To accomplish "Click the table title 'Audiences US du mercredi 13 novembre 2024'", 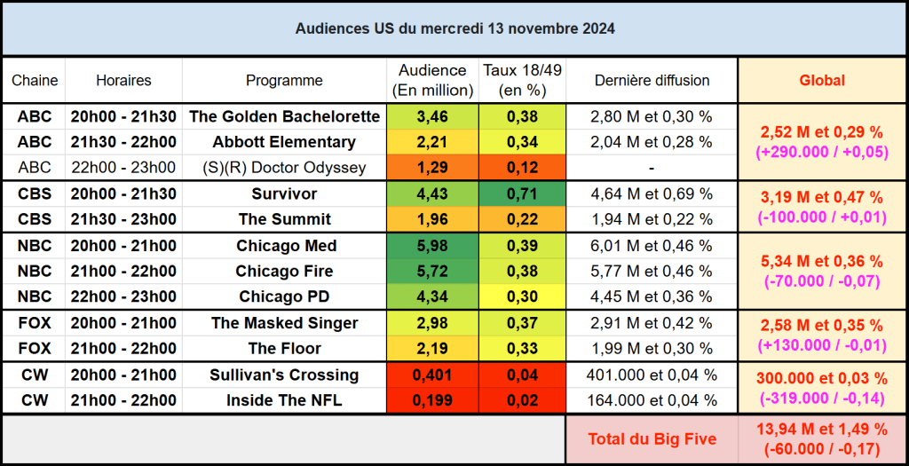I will coord(454,28).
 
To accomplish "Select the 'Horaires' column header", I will coord(123,81).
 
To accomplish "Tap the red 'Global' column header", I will coord(822,81).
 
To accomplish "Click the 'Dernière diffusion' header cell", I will coord(652,81).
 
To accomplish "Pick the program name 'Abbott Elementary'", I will coord(284,142).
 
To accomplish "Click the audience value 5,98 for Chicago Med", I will coord(432,246).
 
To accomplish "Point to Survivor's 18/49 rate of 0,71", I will coord(521,194).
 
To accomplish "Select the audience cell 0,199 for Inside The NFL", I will coord(432,400).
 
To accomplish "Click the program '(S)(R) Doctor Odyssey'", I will coord(284,168).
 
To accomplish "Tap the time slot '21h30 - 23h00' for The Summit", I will coord(123,219).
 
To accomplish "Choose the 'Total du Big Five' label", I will coord(652,439).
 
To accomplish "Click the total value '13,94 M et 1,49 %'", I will coord(822,430).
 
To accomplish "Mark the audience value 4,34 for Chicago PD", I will coord(432,296).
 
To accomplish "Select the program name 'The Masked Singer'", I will coord(284,323).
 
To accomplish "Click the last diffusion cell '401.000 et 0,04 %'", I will coord(652,375).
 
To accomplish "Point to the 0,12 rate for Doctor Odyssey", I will coord(521,168).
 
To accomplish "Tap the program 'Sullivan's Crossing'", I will coord(284,375).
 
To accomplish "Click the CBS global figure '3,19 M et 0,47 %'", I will coord(822,198).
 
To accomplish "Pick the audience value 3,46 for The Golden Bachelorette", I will coord(432,116).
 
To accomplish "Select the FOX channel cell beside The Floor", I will coord(35,349).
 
